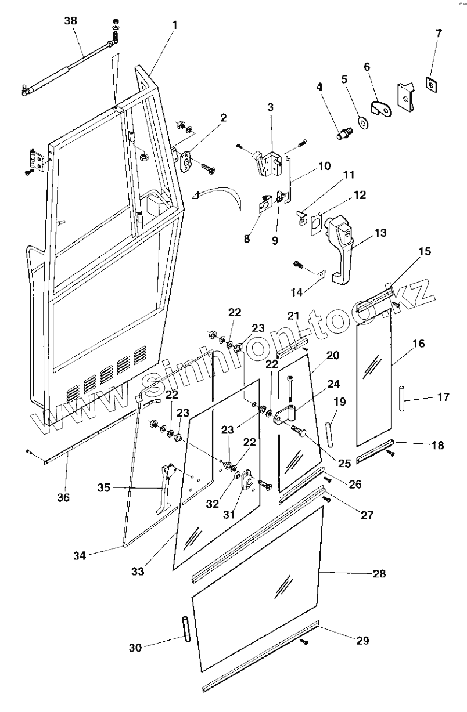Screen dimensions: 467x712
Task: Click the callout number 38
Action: click(70, 21)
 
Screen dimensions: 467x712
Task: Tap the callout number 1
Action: click(175, 25)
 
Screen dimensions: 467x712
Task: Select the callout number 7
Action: click(439, 33)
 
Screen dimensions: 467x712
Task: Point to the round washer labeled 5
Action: click(362, 122)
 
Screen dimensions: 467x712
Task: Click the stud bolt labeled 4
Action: click(344, 133)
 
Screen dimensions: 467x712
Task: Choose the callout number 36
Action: click(63, 497)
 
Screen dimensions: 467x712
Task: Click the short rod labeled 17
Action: click(403, 399)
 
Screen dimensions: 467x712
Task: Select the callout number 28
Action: click(379, 573)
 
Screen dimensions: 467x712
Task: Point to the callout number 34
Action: click(80, 555)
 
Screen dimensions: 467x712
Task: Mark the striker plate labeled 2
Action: click(186, 162)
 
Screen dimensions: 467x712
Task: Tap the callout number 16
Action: click(419, 344)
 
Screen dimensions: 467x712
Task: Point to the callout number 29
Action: click(362, 640)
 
